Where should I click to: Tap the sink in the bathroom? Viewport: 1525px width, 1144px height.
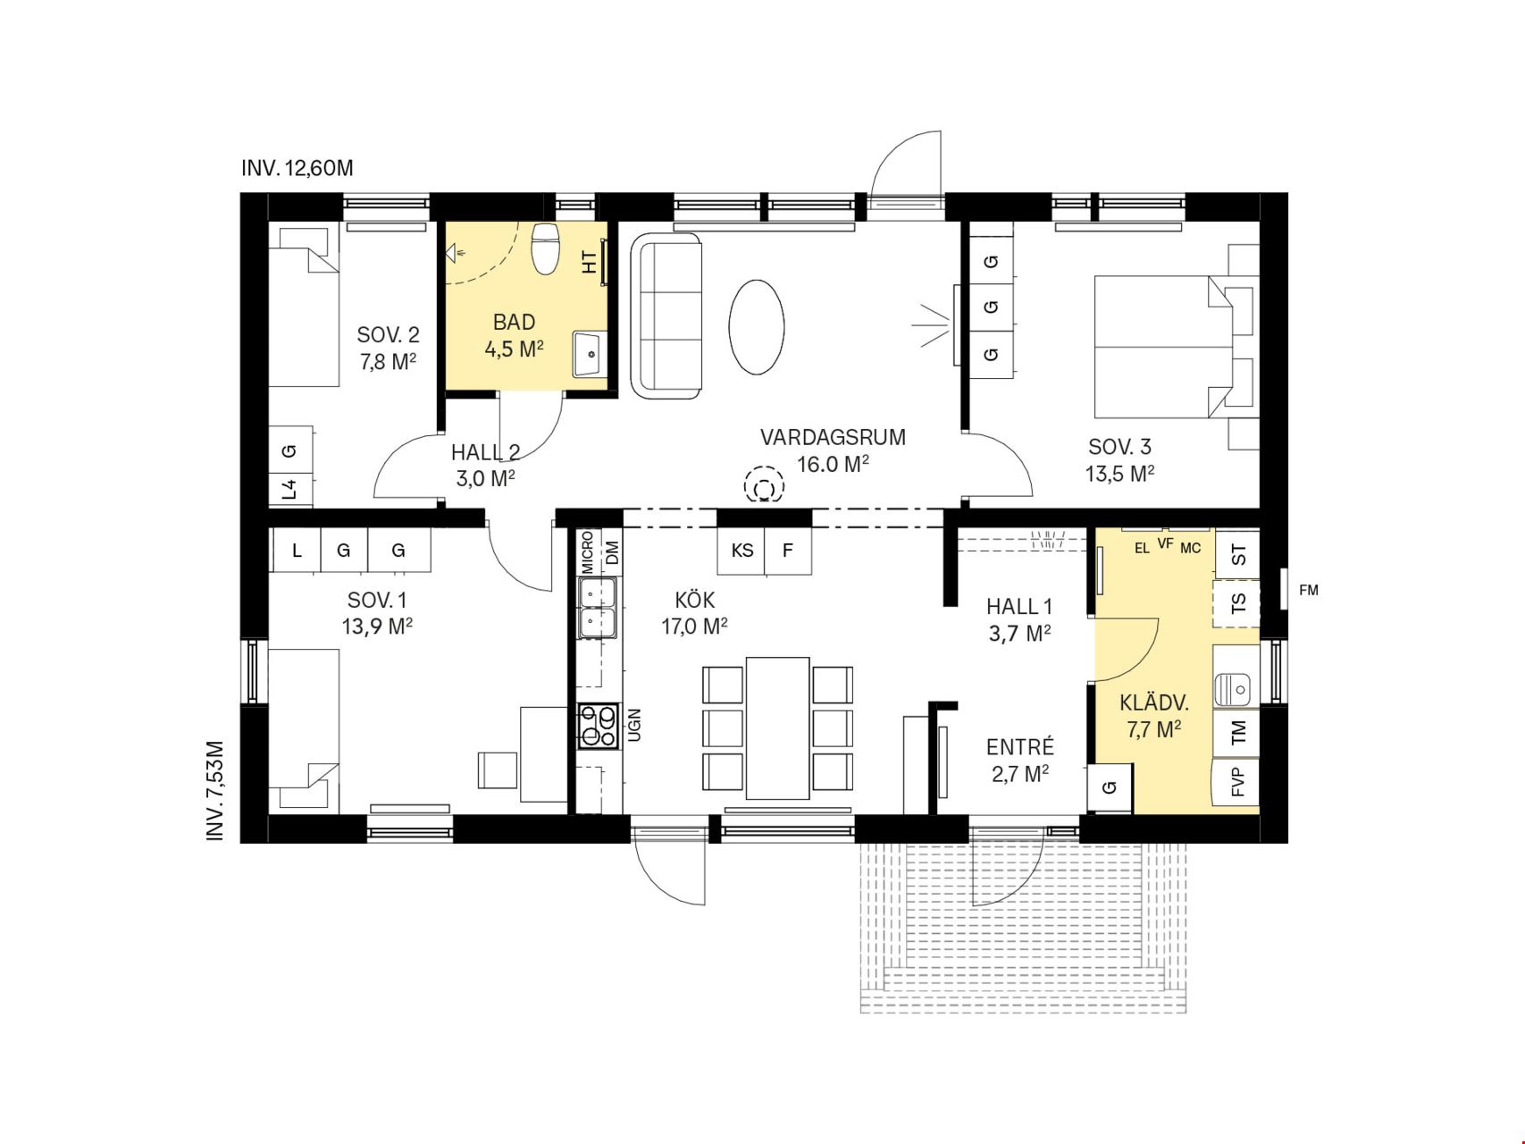[590, 353]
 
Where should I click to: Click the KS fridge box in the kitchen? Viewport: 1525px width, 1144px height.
[742, 551]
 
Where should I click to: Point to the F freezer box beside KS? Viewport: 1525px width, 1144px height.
[788, 551]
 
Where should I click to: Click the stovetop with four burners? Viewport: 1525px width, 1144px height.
[599, 726]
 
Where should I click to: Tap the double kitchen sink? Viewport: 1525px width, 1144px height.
[598, 608]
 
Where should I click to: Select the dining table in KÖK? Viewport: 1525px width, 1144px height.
[777, 728]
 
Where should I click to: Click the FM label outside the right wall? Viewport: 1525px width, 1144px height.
[1308, 590]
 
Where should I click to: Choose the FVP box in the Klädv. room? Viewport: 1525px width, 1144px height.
[1236, 782]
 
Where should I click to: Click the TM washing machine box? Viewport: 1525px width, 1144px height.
[1236, 734]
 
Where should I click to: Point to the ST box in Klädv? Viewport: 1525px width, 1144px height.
[1237, 554]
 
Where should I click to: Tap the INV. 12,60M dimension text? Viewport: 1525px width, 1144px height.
[297, 168]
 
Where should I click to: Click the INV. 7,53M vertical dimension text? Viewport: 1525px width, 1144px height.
[215, 790]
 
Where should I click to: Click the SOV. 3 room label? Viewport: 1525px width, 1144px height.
[1119, 446]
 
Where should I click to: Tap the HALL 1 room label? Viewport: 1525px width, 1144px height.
[1019, 607]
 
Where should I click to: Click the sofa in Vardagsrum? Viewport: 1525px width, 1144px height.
[666, 315]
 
